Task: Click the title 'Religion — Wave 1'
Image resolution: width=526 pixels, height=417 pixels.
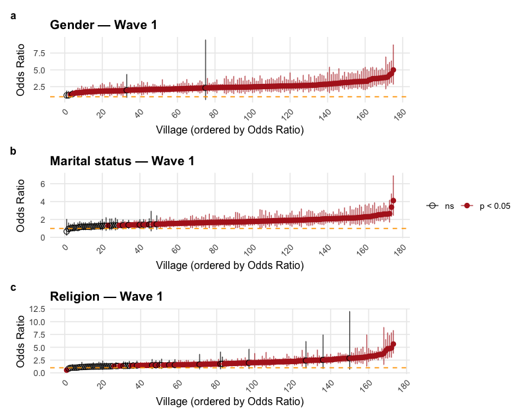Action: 106,297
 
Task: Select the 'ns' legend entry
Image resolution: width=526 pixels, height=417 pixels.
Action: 441,206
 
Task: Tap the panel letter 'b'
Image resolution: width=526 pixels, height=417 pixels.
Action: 13,151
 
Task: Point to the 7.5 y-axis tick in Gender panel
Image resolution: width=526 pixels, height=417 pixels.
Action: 38,53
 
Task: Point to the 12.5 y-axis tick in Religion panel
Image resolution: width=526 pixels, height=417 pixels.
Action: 36,309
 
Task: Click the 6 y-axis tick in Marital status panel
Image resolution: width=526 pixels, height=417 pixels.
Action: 42,184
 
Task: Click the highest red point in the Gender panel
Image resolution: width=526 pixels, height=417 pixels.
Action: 393,70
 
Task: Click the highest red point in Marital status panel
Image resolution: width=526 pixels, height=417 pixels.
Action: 393,200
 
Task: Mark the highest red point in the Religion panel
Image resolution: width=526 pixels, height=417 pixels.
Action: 393,344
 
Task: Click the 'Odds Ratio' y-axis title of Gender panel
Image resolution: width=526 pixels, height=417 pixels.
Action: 21,69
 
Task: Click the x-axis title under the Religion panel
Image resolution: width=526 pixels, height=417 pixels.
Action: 230,401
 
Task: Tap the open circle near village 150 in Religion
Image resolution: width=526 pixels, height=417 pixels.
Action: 349,358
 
